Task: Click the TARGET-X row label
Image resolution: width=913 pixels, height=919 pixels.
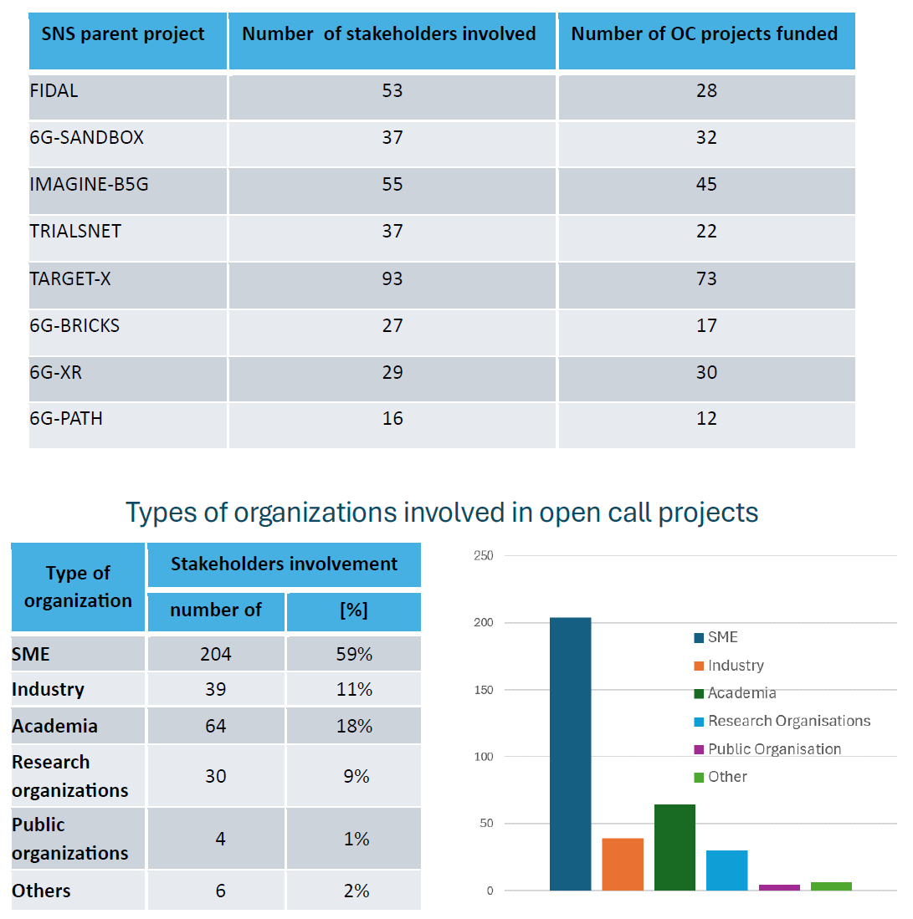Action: coord(70,278)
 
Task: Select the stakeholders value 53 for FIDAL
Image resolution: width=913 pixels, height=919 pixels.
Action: coord(392,90)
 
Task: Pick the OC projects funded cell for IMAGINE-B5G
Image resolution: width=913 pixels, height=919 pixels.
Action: coord(706,184)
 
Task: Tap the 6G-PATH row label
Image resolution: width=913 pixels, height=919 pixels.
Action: coord(66,418)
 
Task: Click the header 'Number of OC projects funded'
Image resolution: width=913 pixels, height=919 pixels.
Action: coord(705,33)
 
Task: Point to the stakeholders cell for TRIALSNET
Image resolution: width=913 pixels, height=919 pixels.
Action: coord(392,231)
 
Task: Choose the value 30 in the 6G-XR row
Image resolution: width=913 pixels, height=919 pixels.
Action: coord(706,372)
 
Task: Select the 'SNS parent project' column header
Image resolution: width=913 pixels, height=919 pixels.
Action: coord(123,33)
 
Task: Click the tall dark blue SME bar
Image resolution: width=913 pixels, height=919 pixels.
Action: coord(571,753)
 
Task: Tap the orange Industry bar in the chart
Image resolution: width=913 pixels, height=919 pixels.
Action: coord(623,864)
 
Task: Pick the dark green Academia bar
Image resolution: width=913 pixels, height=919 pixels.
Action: coord(674,847)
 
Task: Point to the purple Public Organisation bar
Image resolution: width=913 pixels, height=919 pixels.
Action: coord(779,887)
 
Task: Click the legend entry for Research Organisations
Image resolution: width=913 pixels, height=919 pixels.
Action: coord(788,721)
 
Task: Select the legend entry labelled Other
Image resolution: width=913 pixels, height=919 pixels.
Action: coord(726,777)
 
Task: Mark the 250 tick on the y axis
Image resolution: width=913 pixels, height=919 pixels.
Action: coord(484,556)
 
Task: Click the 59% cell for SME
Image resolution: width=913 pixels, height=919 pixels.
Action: coord(354,654)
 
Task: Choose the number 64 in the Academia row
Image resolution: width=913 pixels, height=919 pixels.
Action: coord(216,726)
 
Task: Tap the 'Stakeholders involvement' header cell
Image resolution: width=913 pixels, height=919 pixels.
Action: coord(284,564)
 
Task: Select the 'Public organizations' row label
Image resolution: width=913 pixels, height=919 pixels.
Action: coord(70,839)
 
